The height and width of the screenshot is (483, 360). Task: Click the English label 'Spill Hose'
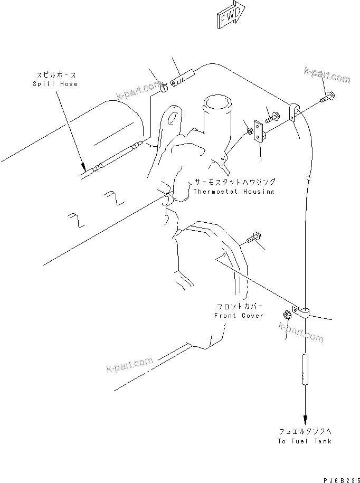(55, 84)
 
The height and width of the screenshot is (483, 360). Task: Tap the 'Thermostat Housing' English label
(234, 192)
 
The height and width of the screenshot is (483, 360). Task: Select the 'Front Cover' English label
(238, 315)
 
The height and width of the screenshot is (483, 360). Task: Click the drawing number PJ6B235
(336, 476)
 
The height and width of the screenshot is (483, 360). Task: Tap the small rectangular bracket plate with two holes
(258, 131)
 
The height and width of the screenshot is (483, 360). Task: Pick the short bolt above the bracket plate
(271, 118)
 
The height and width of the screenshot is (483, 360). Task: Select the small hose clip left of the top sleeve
(164, 85)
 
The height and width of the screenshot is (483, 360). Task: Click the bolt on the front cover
(251, 238)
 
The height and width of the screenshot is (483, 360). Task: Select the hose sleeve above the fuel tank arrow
(305, 370)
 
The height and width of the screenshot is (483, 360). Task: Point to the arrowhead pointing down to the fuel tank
(305, 417)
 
